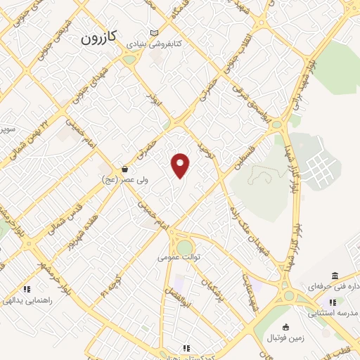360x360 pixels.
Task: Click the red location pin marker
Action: pos(181,165)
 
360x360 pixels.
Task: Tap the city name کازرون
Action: pos(103,36)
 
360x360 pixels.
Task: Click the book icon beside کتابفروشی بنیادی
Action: pos(155,33)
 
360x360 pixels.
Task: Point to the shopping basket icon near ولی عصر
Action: pos(124,169)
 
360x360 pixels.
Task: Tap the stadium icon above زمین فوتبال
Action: pos(285,327)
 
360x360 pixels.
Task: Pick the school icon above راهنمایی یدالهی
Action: pos(27,288)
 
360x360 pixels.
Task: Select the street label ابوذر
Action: pos(155,100)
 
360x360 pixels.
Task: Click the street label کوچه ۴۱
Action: pos(112,285)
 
